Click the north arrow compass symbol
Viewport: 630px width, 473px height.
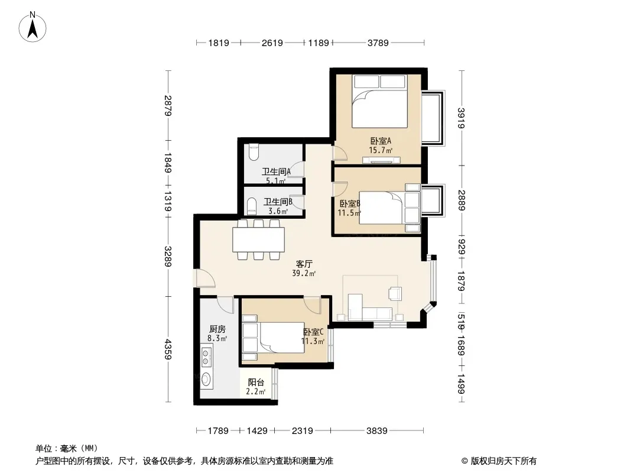pos(33,27)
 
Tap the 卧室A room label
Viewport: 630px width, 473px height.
pos(381,141)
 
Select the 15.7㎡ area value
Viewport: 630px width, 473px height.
pos(381,151)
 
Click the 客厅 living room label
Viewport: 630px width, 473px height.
pos(304,264)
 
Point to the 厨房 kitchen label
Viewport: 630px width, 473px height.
pos(217,329)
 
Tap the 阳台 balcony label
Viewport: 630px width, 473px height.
pos(256,382)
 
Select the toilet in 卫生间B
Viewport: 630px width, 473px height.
pos(252,205)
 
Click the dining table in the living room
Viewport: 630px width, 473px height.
pos(258,239)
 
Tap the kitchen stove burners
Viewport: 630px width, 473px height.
pos(206,358)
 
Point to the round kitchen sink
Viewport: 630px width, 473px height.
pos(206,378)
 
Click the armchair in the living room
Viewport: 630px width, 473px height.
pos(395,293)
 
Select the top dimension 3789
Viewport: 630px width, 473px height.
pos(378,43)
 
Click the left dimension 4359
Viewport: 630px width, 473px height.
pos(168,349)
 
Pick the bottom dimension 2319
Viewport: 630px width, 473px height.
pos(302,431)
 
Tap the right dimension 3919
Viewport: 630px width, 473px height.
pos(461,118)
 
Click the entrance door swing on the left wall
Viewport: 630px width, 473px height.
pos(205,278)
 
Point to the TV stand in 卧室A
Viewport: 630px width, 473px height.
pos(381,161)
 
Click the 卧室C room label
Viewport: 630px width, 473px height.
pos(313,332)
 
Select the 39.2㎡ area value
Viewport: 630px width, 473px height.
pos(304,274)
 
